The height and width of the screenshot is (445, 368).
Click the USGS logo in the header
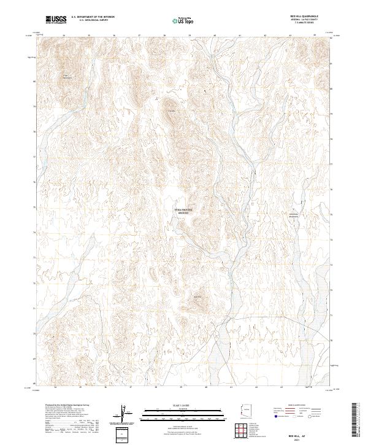[x=56, y=20]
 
